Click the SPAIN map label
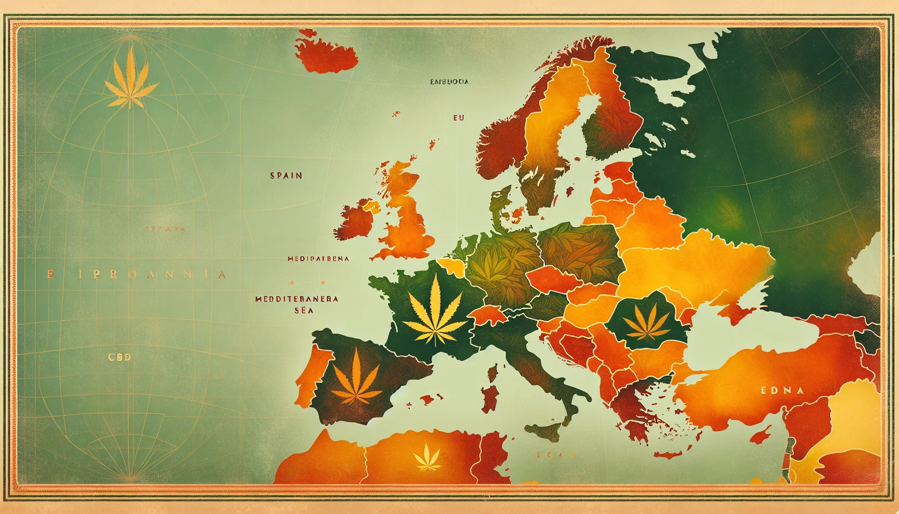tap(286, 176)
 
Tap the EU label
tap(458, 117)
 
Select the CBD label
tap(119, 357)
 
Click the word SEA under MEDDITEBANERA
tap(303, 310)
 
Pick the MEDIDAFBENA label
tap(318, 259)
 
